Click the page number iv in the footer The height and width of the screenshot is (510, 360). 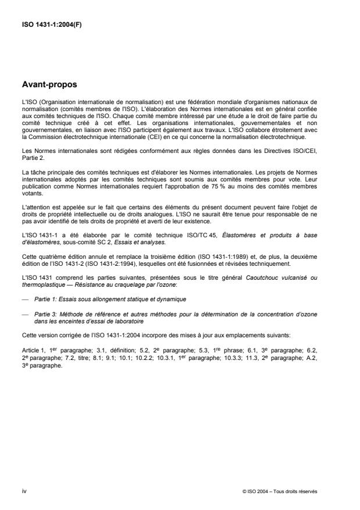pyautogui.click(x=24, y=491)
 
